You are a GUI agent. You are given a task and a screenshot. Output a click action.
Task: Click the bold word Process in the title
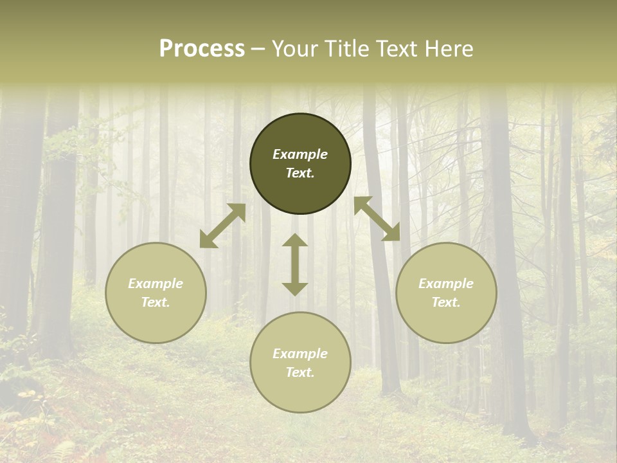pos(202,49)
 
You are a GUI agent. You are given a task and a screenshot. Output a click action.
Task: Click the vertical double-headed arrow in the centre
pos(295,264)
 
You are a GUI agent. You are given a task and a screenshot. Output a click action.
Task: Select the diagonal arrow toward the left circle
pos(222,226)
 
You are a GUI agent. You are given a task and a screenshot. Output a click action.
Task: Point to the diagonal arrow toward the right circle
pos(377,219)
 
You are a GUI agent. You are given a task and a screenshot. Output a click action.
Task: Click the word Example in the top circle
pos(300,154)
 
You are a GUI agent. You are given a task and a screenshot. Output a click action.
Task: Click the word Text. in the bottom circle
pos(300,372)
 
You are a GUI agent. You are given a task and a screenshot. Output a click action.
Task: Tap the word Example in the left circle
pos(156,284)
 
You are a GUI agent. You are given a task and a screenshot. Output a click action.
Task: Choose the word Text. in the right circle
pos(446,302)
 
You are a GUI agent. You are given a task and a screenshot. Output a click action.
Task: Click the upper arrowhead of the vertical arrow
pos(295,241)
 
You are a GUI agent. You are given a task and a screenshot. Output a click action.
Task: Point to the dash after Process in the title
pos(258,49)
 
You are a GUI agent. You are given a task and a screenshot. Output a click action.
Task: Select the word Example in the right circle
pos(446,284)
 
